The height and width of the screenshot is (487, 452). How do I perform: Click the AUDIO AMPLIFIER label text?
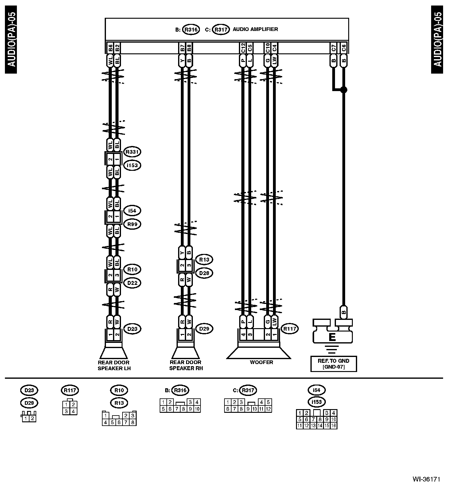[255, 29]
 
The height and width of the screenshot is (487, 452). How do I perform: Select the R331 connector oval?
[132, 152]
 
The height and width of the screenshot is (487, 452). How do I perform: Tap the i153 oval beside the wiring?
[132, 165]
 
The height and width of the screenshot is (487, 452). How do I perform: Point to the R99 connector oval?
[132, 224]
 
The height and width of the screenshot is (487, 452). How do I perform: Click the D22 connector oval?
[132, 283]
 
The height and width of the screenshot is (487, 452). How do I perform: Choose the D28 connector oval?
[204, 273]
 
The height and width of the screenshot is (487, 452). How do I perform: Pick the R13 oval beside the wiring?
[204, 260]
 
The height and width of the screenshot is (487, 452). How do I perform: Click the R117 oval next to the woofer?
[290, 329]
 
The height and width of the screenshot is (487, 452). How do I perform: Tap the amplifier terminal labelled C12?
[243, 48]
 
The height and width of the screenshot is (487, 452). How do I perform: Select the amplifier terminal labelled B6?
[110, 48]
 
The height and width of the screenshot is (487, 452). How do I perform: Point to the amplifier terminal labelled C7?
[333, 48]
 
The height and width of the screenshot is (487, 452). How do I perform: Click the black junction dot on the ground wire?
[344, 90]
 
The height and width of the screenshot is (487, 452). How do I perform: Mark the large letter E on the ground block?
[332, 338]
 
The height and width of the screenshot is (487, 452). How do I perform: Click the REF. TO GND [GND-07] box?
[333, 364]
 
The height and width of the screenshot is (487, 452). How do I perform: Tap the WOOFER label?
[261, 362]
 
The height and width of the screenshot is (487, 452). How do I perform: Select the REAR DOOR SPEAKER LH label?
[114, 365]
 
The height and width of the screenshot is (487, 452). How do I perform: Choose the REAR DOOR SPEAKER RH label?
[186, 365]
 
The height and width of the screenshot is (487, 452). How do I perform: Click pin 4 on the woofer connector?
[244, 335]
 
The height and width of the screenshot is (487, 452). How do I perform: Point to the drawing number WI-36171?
[427, 479]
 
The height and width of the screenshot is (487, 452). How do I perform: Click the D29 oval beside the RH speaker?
[204, 329]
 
